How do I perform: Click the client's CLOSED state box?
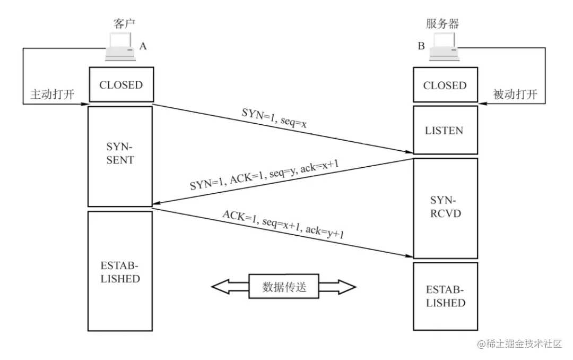[121, 84]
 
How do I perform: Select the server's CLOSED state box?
[445, 85]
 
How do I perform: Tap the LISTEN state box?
[445, 130]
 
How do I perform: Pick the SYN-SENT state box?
[120, 157]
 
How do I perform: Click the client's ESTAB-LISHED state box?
[120, 271]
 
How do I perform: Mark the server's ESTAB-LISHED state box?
[445, 296]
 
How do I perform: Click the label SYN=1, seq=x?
[274, 118]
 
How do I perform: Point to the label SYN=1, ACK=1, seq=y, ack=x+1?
[264, 175]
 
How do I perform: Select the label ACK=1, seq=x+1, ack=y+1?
[283, 224]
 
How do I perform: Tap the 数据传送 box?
[283, 287]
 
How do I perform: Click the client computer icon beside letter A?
[120, 47]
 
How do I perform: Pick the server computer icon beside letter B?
[444, 47]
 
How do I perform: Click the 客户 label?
[124, 24]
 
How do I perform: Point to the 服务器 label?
[442, 24]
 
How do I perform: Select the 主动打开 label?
[52, 95]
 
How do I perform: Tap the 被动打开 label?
[515, 95]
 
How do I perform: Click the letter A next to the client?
[143, 46]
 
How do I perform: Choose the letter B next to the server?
[421, 46]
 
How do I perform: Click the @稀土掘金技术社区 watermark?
[519, 344]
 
